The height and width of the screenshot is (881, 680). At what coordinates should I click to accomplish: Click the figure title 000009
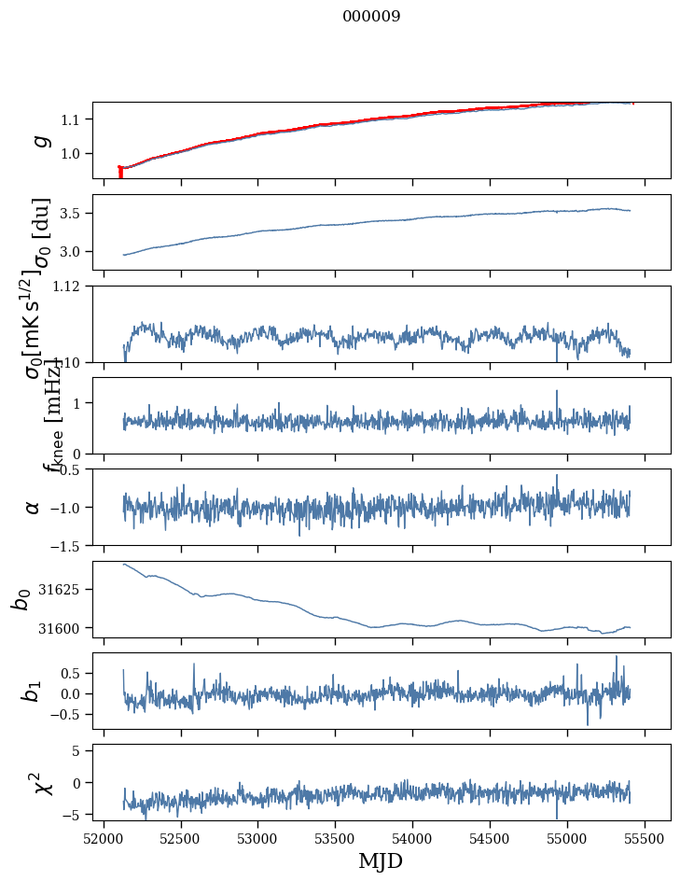[x=372, y=17]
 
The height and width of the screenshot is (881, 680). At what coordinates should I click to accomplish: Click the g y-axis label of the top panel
[x=40, y=141]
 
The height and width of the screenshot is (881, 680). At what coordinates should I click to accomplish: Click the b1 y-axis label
[x=34, y=691]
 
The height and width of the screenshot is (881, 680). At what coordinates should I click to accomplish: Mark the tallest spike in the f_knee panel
[x=557, y=392]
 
